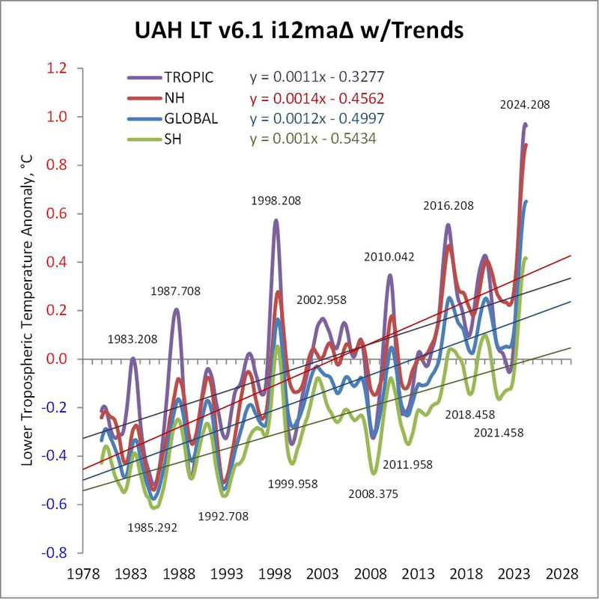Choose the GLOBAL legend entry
click(192, 118)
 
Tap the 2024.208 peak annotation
click(525, 105)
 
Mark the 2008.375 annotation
click(374, 494)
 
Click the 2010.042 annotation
click(389, 258)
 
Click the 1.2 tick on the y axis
click(55, 68)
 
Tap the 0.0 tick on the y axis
click(55, 359)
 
